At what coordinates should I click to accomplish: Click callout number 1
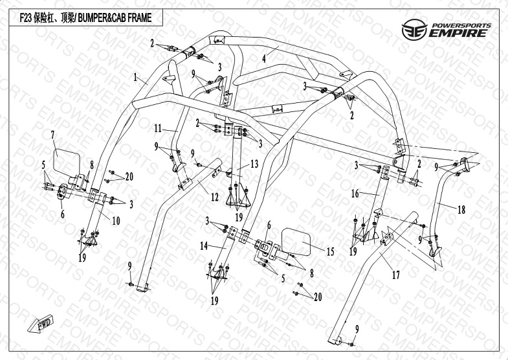point(135,77)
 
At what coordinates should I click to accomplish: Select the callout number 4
point(264,58)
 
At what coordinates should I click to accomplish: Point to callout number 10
point(116,221)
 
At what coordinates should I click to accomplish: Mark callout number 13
point(254,164)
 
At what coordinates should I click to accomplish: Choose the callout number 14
point(203,246)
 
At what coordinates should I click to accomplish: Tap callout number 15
point(330,251)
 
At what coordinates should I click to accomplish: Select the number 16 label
point(355,193)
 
